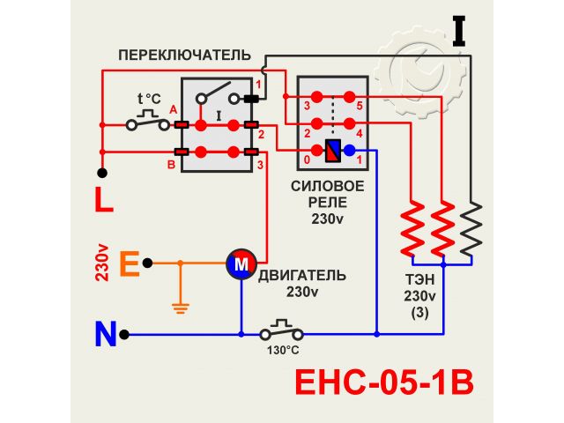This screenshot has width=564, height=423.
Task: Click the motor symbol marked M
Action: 241,262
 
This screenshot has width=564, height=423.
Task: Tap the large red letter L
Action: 104,200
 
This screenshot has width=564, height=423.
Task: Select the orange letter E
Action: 129,263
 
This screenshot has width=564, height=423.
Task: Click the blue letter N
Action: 106,335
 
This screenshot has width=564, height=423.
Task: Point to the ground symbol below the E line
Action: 180,308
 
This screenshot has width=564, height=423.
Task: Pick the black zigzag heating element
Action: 471,227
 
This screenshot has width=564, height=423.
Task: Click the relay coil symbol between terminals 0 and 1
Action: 333,152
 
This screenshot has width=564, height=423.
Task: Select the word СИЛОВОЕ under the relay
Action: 328,187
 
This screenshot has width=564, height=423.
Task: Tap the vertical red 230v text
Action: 102,263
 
